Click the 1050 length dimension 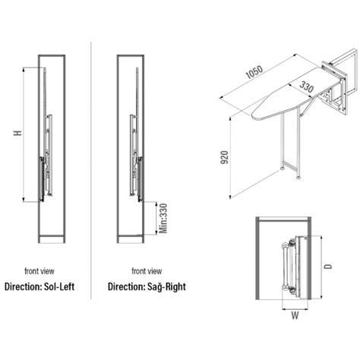point(254,72)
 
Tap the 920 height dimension point(225,157)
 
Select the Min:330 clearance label point(163,219)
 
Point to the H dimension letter point(17,133)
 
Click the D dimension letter point(328,267)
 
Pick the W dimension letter point(295,315)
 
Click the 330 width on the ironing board point(307,87)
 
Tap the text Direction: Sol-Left point(39,287)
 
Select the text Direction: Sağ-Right point(147,286)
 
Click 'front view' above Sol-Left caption point(39,271)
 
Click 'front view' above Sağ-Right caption point(147,271)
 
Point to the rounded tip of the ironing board point(253,117)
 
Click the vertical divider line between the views point(90,171)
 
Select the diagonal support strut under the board point(308,106)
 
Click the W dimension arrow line point(295,309)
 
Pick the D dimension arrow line point(321,267)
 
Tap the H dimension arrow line point(24,134)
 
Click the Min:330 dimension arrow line point(156,218)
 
